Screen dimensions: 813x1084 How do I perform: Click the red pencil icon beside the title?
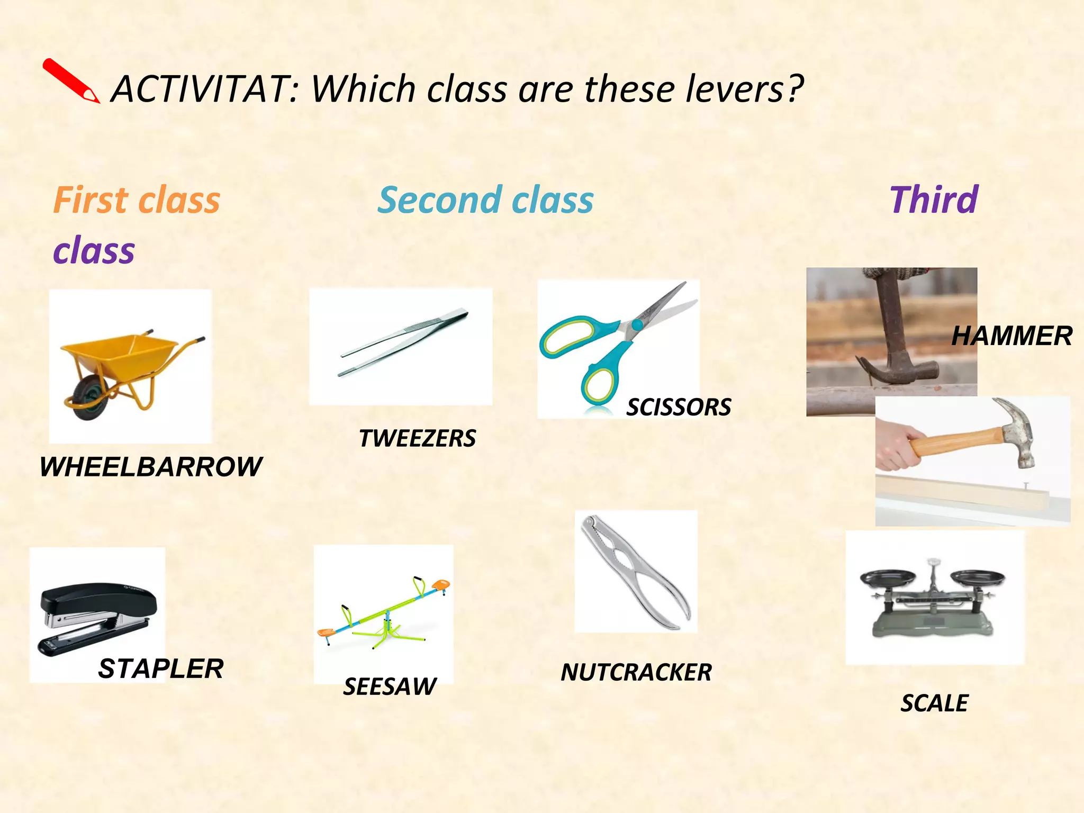(70, 80)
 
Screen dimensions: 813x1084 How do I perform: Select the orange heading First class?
(137, 201)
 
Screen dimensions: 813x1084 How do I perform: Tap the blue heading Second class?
(485, 201)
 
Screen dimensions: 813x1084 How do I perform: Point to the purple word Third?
(934, 201)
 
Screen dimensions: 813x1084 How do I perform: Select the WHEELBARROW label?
(150, 467)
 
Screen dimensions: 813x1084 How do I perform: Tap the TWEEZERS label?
(417, 438)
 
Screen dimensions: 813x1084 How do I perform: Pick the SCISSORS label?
(679, 407)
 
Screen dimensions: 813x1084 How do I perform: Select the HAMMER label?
(1011, 336)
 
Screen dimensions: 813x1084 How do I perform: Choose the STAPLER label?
(161, 669)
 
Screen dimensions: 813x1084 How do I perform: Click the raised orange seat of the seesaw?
(440, 584)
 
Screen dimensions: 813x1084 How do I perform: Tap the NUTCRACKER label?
(636, 672)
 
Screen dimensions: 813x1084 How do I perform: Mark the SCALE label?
(934, 703)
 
